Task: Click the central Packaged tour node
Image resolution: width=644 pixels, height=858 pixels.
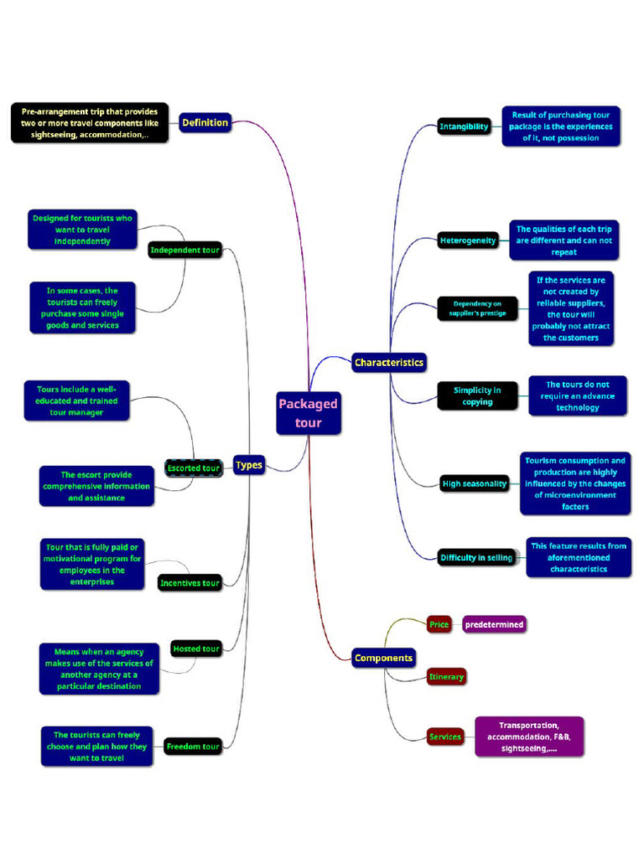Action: point(309,413)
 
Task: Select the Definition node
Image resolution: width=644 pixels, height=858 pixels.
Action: point(205,123)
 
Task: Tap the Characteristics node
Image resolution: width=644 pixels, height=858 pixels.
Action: point(389,363)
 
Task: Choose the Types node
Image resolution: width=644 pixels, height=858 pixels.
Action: point(249,466)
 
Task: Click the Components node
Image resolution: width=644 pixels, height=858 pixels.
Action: point(383,658)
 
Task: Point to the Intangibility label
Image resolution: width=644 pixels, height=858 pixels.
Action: point(464,127)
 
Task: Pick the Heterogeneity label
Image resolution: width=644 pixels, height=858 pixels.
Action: point(468,240)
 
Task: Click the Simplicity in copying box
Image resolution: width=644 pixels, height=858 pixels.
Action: point(477,395)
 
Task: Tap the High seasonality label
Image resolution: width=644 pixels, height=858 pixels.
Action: point(475,483)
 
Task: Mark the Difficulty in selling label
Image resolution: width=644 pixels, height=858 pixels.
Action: point(475,557)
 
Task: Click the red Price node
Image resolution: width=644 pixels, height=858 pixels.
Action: point(439,624)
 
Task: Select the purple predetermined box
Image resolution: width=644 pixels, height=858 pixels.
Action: point(495,624)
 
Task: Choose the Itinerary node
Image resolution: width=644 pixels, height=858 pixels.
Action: point(446,676)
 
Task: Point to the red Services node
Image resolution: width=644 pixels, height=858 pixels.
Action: point(445,737)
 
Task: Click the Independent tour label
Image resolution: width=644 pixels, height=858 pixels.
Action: point(184,250)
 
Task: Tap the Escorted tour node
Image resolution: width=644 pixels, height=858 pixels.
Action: point(194,468)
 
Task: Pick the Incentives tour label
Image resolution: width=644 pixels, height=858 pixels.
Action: point(190,583)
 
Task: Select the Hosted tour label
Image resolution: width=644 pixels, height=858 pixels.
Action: point(195,649)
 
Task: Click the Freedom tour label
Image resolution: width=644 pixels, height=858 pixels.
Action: point(193,746)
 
